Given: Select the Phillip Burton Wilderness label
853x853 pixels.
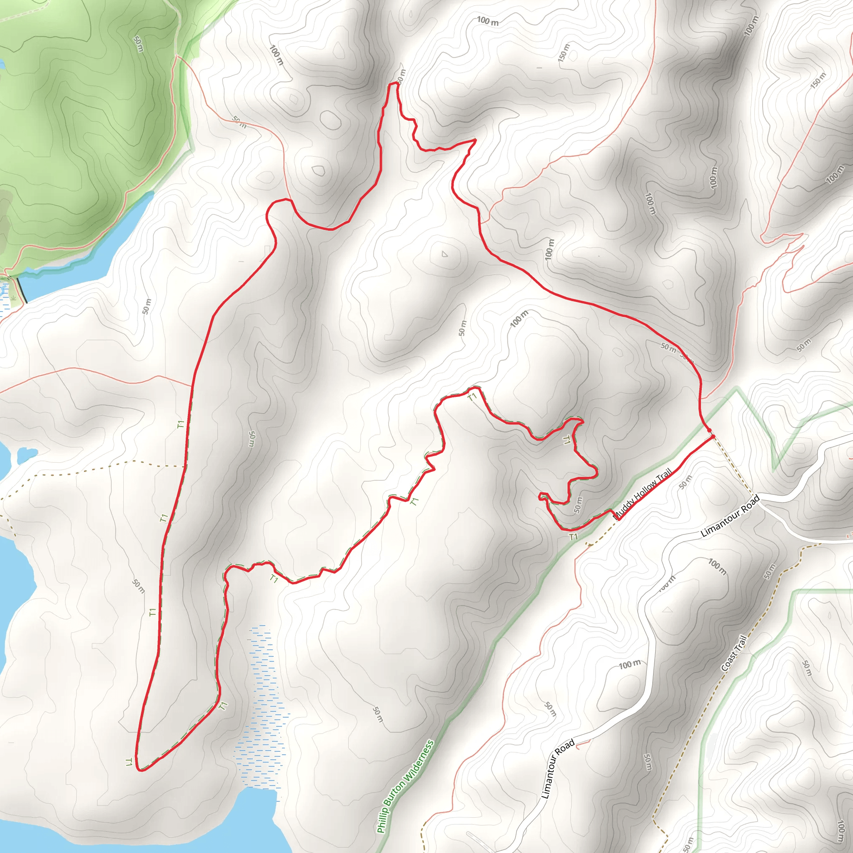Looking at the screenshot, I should [x=406, y=787].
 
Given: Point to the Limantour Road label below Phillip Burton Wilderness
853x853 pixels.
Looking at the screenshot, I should [x=558, y=769].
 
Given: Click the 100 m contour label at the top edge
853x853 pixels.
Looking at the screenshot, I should [x=488, y=20].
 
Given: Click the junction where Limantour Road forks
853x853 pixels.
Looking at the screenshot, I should [x=763, y=503].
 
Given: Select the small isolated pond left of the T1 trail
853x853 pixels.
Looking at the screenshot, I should [x=27, y=455].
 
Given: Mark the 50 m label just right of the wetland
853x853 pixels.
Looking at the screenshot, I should [x=377, y=714].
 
